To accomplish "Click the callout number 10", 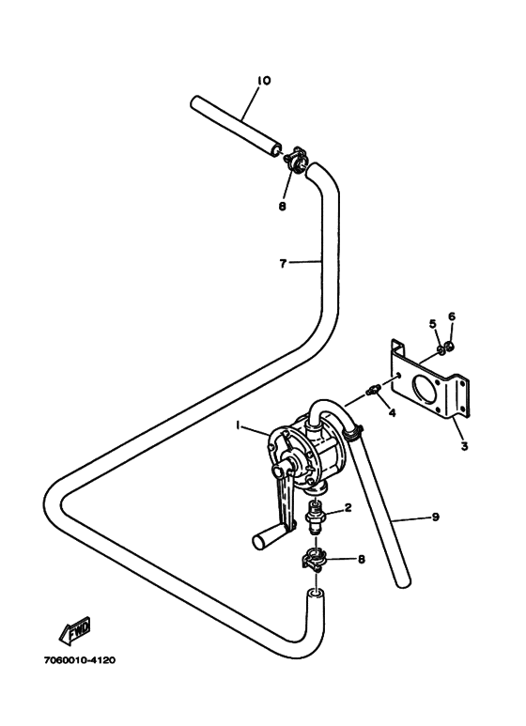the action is pyautogui.click(x=263, y=81).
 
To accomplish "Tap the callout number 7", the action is pyautogui.click(x=283, y=264).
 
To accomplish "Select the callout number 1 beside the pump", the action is pyautogui.click(x=238, y=425).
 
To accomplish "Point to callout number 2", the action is pyautogui.click(x=348, y=508).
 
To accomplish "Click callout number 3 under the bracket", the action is pyautogui.click(x=464, y=446).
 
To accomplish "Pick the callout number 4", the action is pyautogui.click(x=393, y=412).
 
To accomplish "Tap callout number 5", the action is pyautogui.click(x=433, y=324).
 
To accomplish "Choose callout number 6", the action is pyautogui.click(x=452, y=317).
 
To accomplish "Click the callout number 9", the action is pyautogui.click(x=435, y=517).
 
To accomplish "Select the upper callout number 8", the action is pyautogui.click(x=282, y=207).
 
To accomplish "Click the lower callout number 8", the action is pyautogui.click(x=362, y=560).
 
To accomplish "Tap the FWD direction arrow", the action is pyautogui.click(x=74, y=630).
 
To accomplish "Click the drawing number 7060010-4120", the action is pyautogui.click(x=80, y=660).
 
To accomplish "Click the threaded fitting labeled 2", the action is pyautogui.click(x=317, y=517).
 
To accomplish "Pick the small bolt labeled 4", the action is pyautogui.click(x=373, y=390).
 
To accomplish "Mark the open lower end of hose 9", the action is pyautogui.click(x=404, y=581).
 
